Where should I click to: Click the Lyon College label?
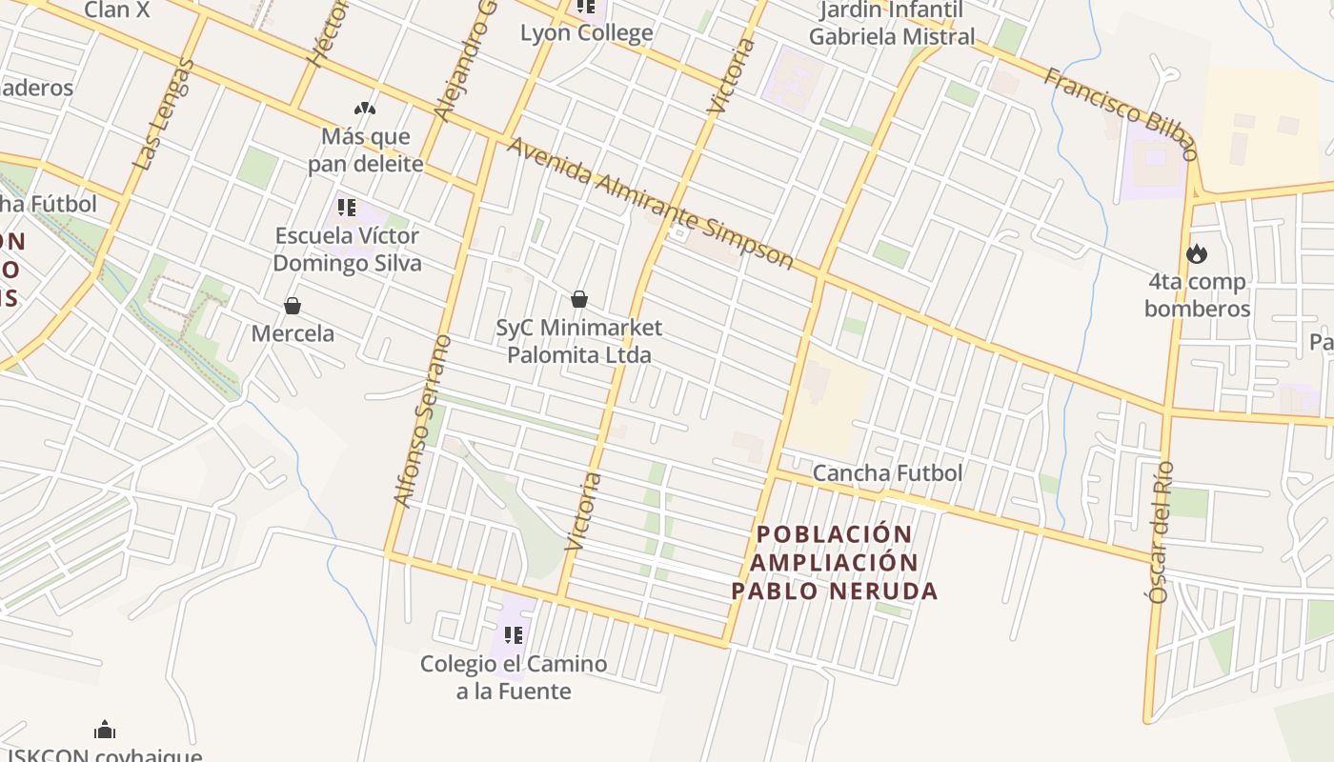click(586, 32)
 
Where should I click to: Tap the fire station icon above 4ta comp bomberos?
click(1196, 253)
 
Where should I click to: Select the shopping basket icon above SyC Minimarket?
click(578, 299)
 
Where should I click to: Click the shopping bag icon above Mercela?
click(292, 306)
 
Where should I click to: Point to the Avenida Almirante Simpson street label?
click(650, 203)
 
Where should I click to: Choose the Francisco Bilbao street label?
click(1120, 112)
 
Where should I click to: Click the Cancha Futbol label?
click(887, 473)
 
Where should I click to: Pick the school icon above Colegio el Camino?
click(513, 634)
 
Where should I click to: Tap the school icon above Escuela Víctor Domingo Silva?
click(347, 207)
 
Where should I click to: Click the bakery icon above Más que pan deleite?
click(365, 109)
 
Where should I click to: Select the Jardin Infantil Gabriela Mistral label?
click(892, 24)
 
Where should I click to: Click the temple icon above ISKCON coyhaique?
click(105, 730)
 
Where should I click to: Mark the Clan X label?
click(117, 10)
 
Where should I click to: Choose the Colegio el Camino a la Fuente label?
click(514, 677)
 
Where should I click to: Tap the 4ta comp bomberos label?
click(1196, 295)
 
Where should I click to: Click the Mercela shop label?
click(293, 333)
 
